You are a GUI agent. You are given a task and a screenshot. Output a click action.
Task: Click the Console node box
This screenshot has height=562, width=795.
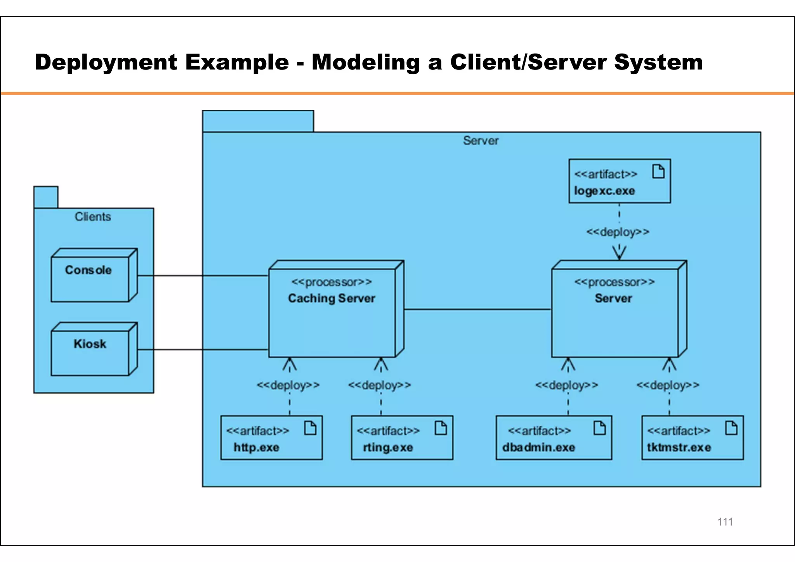(90, 279)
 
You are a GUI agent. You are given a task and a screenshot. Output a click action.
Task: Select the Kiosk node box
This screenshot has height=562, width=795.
(90, 352)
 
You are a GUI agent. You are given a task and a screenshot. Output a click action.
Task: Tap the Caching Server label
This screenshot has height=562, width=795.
(332, 298)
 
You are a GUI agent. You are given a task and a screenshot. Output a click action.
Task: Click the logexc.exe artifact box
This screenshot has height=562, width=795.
(620, 181)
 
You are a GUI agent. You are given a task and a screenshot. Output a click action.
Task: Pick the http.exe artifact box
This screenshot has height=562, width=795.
(271, 438)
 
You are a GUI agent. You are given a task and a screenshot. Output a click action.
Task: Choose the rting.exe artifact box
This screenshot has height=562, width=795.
(402, 438)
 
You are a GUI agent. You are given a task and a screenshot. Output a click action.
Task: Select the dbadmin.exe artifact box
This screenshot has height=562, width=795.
(554, 438)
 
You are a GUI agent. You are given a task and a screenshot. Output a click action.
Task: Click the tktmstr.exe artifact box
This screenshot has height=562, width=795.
(693, 438)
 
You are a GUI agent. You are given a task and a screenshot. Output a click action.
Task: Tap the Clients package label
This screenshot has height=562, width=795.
(93, 217)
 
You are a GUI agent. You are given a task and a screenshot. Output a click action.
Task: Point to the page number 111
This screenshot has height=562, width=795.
(725, 522)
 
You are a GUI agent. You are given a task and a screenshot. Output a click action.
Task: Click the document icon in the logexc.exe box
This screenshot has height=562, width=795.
(658, 171)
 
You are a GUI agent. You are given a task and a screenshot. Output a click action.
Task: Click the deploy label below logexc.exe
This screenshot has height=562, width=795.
(618, 232)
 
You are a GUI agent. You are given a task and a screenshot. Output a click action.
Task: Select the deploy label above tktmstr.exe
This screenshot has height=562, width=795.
(668, 385)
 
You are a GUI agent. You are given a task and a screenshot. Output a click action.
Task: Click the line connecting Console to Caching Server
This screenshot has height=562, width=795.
(202, 276)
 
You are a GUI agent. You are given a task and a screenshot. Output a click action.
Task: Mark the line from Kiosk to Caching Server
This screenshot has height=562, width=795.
(202, 350)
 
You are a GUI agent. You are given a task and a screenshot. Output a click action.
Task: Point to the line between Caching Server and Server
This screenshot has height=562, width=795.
(477, 309)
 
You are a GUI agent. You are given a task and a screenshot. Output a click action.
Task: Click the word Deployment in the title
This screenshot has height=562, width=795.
(106, 62)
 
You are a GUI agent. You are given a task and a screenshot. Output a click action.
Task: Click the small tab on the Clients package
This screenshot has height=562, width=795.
(46, 197)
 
